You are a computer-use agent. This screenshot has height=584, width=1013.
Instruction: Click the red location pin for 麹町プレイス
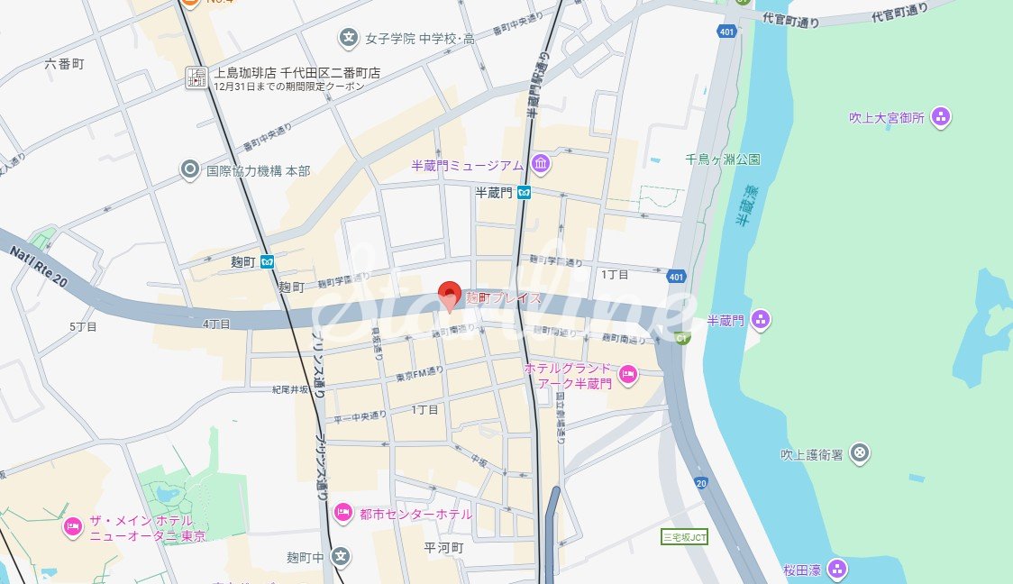(x=450, y=295)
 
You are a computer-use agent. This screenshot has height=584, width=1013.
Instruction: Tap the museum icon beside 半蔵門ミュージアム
(x=541, y=164)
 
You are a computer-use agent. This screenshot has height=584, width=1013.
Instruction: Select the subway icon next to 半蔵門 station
(x=524, y=192)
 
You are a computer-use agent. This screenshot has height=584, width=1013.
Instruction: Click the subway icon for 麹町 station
(x=267, y=261)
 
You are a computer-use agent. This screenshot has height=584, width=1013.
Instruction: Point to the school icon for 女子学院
(x=348, y=38)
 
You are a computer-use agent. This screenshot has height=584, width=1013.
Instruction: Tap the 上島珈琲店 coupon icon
(x=196, y=78)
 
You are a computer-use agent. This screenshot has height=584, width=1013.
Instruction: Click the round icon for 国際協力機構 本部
(x=189, y=169)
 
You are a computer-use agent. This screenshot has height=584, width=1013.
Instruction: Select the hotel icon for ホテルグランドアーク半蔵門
(x=628, y=374)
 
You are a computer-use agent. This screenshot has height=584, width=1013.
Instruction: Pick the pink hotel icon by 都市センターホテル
(x=342, y=513)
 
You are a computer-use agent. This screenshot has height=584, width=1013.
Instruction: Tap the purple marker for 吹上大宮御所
(x=941, y=116)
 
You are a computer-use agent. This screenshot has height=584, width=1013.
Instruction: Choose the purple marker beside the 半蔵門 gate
(x=761, y=319)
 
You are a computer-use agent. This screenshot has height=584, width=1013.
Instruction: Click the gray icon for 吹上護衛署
(x=860, y=452)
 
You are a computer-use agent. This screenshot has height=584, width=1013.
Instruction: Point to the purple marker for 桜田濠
(x=837, y=569)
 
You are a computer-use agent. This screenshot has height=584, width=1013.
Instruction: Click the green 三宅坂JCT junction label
(x=685, y=537)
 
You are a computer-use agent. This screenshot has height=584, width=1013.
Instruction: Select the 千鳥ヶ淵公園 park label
(x=722, y=160)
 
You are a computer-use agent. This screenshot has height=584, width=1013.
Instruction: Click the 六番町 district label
(x=64, y=64)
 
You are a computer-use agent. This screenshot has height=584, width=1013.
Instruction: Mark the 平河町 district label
(x=443, y=547)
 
